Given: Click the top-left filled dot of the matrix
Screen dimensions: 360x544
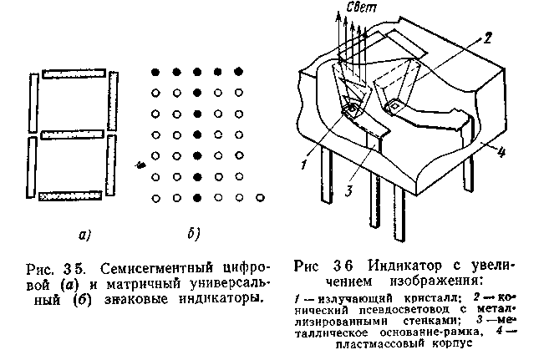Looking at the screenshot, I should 155,72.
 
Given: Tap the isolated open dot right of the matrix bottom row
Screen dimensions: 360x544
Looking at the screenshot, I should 260,197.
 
